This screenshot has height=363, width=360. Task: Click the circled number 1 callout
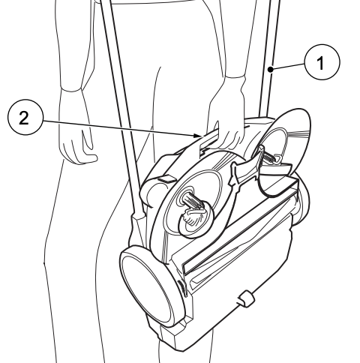point(322,62)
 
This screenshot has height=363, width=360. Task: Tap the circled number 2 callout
point(25,117)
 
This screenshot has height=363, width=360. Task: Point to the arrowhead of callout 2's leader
point(197,136)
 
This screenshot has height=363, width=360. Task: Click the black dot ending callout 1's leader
point(271,69)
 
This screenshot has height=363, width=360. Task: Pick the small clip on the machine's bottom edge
point(246,298)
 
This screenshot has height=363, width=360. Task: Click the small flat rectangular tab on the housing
point(167,178)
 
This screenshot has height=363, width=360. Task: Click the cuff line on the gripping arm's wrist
point(234,76)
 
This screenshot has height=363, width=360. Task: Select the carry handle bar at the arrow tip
point(208,141)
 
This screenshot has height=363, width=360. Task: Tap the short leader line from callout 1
point(287,67)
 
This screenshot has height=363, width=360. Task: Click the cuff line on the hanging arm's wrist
point(72,90)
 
